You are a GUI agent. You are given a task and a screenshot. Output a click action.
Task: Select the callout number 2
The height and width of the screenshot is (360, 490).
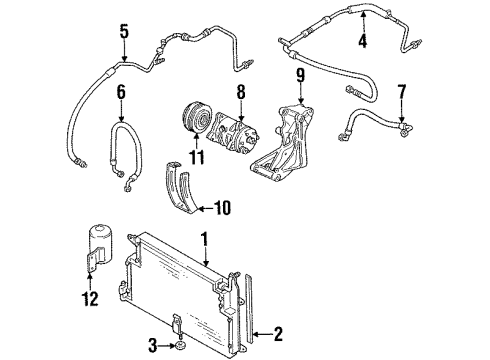click(278, 333)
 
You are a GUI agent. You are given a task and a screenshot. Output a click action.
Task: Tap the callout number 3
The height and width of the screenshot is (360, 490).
click(152, 345)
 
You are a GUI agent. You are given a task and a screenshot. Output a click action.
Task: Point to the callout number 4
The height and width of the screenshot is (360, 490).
click(362, 41)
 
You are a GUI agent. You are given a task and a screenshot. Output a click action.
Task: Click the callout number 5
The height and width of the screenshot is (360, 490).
click(124, 31)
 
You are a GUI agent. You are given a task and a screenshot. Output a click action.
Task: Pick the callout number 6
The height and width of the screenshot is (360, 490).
click(121, 92)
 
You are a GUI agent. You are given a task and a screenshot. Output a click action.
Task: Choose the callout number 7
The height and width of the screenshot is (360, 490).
click(402, 92)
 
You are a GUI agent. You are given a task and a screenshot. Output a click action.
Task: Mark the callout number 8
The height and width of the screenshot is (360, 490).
click(241, 91)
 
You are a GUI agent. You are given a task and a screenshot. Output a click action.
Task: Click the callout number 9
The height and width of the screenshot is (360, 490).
click(300, 75)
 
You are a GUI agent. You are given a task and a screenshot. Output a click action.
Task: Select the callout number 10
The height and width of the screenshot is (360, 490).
click(223, 208)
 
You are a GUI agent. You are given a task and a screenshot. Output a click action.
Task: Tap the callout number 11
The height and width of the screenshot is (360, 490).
click(197, 157)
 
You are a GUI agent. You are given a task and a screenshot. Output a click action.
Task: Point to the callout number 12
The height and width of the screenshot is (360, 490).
click(90, 299)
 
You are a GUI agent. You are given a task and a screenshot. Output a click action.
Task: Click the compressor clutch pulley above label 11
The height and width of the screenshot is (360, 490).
click(196, 118)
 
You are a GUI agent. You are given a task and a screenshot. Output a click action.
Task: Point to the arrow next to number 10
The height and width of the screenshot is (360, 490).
click(206, 209)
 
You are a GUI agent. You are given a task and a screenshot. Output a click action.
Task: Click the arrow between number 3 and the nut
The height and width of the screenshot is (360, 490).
click(167, 346)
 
